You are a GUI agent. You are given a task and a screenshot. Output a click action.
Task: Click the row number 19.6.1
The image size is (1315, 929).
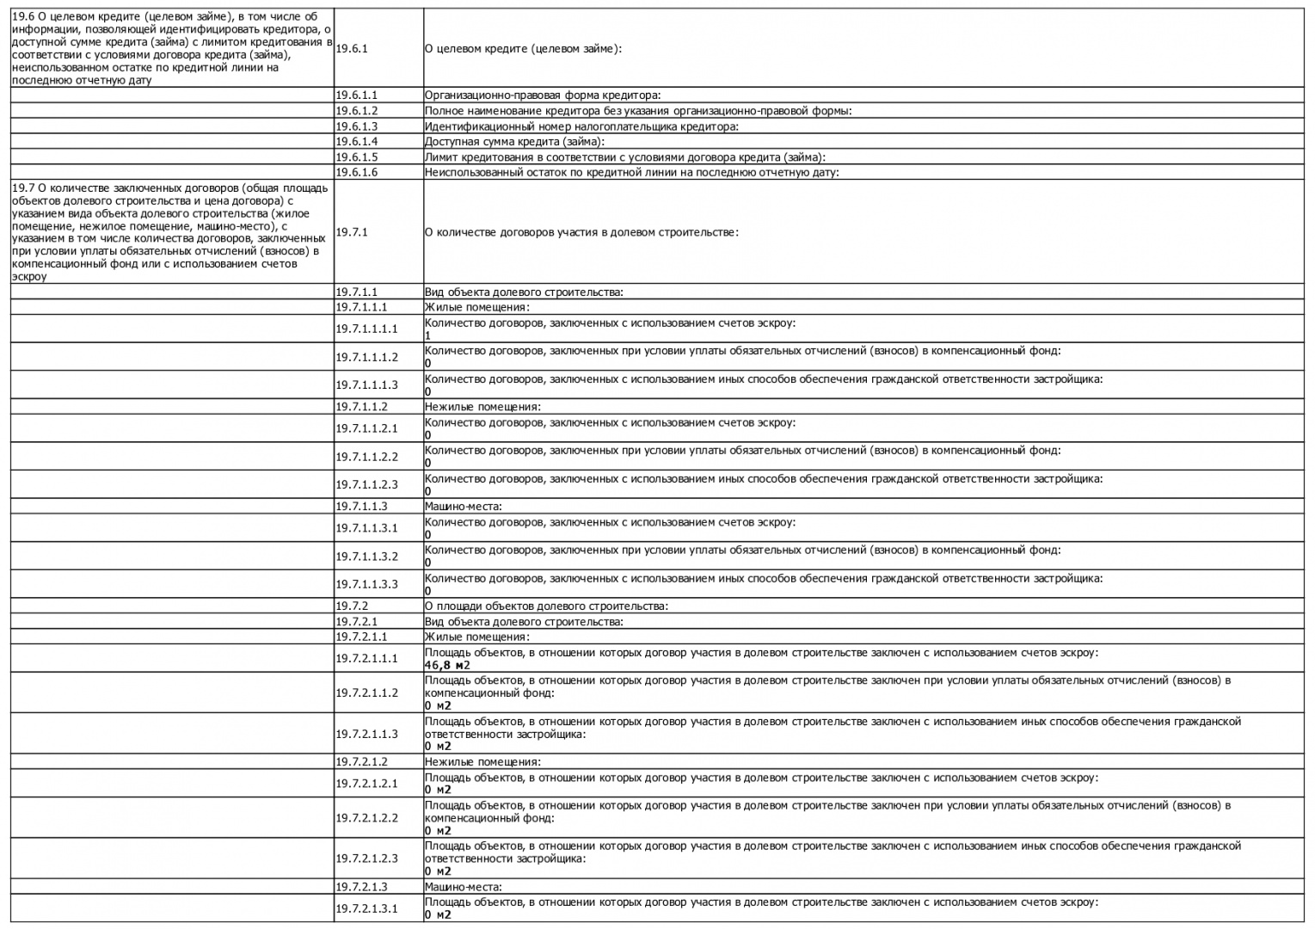tap(352, 49)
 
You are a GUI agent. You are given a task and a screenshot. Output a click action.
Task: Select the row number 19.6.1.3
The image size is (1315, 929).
tap(357, 126)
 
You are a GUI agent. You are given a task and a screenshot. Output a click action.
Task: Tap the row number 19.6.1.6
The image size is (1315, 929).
tap(357, 172)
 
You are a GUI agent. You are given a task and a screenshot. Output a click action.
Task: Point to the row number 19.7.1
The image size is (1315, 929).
tap(352, 232)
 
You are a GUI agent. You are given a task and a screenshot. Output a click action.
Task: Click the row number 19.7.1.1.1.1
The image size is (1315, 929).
tap(367, 329)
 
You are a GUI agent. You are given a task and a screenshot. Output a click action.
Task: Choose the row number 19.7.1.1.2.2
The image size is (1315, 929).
tap(367, 457)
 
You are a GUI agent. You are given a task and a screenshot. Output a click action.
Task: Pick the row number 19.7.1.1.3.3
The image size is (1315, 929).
tap(367, 584)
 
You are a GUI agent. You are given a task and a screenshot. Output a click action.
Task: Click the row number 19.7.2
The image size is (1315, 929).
tap(352, 606)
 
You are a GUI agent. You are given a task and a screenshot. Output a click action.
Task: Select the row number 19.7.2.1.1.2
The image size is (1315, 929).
tap(367, 692)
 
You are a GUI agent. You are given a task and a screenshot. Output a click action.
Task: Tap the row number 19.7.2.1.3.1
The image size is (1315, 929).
tap(367, 908)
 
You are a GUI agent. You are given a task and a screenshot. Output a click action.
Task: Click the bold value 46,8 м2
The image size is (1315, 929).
tap(447, 665)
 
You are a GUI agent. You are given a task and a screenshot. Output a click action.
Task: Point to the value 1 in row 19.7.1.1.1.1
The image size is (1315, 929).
tap(427, 335)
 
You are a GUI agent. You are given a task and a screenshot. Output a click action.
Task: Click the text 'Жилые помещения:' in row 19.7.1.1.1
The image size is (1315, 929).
tap(476, 307)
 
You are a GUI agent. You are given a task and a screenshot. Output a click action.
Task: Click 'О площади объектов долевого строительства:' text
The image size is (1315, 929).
tap(546, 606)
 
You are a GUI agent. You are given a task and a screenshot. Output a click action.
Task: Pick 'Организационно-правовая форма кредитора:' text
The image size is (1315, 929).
tap(542, 95)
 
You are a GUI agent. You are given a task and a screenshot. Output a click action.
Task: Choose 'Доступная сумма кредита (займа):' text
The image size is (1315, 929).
tap(514, 142)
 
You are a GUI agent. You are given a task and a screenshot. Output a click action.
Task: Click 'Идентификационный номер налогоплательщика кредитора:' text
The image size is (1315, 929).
tap(581, 126)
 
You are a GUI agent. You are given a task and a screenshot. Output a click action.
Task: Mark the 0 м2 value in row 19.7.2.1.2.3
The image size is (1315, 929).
tap(438, 871)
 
